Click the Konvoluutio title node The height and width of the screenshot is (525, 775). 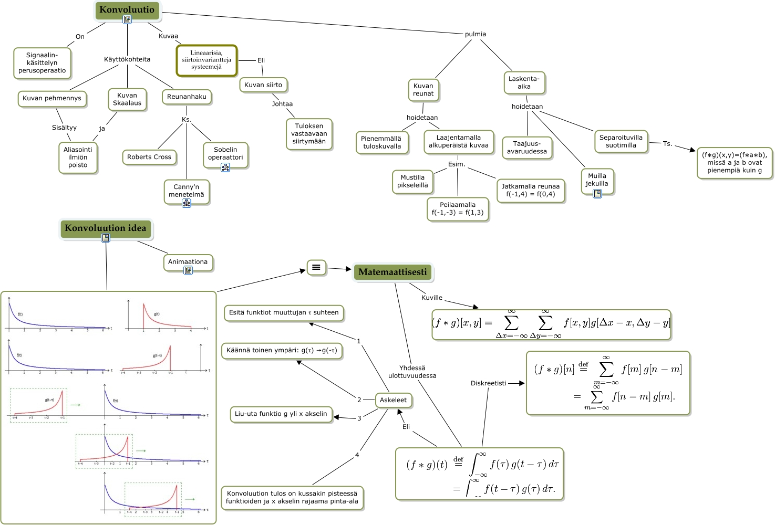coord(127,10)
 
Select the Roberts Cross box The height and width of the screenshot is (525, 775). coord(149,157)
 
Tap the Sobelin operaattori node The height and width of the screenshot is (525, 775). coord(225,153)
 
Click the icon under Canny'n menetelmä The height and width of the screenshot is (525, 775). coord(187,203)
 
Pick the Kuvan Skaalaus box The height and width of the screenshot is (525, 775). coord(127,99)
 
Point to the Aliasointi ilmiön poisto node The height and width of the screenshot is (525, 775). coord(78,157)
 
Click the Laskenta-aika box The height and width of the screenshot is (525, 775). coord(524,83)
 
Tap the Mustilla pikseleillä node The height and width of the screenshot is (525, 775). coord(412,182)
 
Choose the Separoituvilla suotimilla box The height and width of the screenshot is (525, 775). coord(621,141)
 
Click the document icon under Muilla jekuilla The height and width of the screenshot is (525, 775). coord(597,194)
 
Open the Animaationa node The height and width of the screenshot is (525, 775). coord(188,262)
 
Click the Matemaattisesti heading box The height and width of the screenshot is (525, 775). coord(392,272)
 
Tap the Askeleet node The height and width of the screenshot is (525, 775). coord(393,400)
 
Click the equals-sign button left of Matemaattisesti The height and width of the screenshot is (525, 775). coord(316,267)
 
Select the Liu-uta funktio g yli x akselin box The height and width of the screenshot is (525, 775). coord(281,414)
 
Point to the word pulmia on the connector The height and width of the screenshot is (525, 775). coord(476,34)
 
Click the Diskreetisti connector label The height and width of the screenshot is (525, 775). coord(488,383)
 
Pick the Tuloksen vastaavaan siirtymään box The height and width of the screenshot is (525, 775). coord(309,134)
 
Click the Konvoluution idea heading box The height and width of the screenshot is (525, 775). coord(106,228)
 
